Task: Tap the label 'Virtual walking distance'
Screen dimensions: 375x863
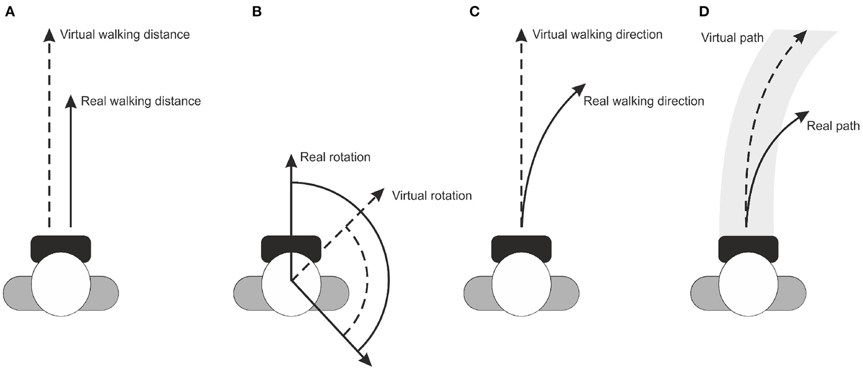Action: tap(125, 35)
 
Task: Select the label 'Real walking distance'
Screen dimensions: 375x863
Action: tap(141, 101)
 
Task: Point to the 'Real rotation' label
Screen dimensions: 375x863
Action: tap(335, 157)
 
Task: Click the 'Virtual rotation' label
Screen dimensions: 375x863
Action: tap(431, 196)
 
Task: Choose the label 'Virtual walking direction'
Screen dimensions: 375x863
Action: tap(597, 35)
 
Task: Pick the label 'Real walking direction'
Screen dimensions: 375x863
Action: tap(643, 101)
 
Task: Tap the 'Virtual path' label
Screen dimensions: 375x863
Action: tap(732, 37)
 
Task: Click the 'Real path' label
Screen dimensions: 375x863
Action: tap(833, 126)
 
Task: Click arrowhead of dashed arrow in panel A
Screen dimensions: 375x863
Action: tap(49, 35)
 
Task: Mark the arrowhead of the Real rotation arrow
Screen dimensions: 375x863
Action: tap(291, 160)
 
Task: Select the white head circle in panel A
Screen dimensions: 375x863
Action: tap(61, 284)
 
